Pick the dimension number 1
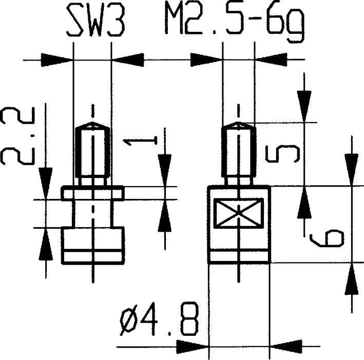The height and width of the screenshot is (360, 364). tap(139, 142)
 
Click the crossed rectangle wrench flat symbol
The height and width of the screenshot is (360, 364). tap(239, 213)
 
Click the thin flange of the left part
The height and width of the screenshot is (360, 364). tap(92, 193)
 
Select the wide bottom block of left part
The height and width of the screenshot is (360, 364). tap(92, 246)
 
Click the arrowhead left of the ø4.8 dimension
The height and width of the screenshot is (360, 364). tap(193, 344)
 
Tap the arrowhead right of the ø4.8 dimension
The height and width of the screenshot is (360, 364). tap(285, 344)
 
